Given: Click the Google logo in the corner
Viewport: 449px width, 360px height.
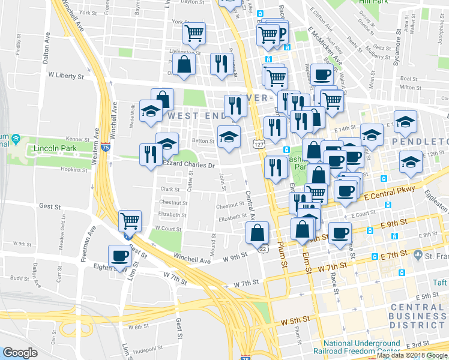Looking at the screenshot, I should click(x=20, y=353).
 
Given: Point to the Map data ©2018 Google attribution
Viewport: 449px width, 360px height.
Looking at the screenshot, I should click(x=412, y=355).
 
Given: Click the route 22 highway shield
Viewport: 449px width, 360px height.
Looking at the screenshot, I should click(x=262, y=248).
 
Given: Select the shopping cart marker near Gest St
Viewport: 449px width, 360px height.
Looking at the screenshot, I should click(x=130, y=222).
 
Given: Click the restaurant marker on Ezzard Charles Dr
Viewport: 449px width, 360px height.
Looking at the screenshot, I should click(x=149, y=154).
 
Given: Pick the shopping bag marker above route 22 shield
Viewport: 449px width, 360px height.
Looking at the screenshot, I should click(x=257, y=232).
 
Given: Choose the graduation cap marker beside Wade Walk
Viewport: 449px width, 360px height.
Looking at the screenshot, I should click(x=151, y=111).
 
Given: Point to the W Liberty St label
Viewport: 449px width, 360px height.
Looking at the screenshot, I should click(x=67, y=76).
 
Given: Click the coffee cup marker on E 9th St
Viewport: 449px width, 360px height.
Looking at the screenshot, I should click(x=340, y=233).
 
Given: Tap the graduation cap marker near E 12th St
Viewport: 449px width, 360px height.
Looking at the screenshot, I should click(x=411, y=163).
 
